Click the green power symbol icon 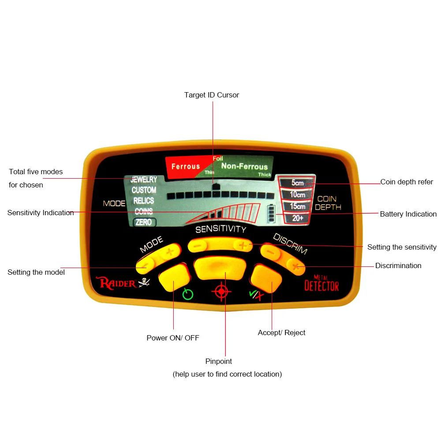187,294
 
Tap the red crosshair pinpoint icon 221,292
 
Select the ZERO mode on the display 144,222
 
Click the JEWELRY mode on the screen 144,179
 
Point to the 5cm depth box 297,183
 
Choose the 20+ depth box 298,218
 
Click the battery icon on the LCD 271,213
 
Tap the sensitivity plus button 243,246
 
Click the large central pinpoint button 220,268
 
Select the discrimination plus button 295,266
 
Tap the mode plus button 170,251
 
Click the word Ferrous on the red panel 186,167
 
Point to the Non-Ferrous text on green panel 244,166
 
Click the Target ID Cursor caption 212,95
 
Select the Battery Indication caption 408,214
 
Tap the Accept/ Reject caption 281,333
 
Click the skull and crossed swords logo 144,282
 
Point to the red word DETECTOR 322,286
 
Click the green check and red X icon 257,295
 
